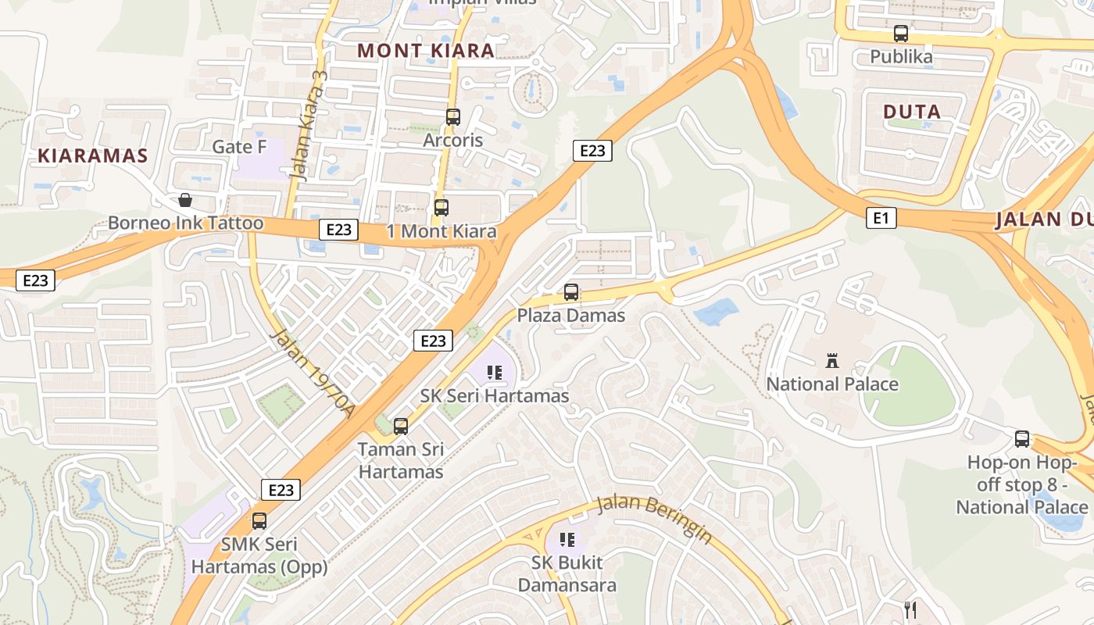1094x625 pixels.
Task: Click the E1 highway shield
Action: point(881,218)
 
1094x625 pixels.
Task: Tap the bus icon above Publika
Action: point(901,34)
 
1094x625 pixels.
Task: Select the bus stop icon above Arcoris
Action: point(452,117)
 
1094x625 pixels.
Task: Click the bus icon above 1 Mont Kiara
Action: point(442,208)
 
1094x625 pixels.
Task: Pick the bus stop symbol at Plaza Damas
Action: point(571,292)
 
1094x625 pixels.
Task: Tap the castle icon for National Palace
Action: point(831,361)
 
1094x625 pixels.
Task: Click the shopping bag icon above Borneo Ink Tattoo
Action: point(185,200)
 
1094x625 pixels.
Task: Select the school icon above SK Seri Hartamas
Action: point(494,373)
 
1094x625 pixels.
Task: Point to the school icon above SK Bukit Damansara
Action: point(567,539)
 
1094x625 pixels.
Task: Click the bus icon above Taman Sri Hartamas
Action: point(401,426)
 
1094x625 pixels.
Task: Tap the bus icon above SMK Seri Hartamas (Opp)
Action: point(259,520)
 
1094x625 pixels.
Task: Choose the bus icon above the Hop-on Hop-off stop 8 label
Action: point(1022,438)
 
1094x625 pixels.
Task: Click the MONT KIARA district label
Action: point(426,51)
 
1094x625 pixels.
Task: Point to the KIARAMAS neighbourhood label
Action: point(93,155)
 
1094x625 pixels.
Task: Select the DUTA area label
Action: point(912,112)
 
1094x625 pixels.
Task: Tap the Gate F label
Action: point(239,147)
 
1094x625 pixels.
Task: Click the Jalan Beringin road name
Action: point(655,518)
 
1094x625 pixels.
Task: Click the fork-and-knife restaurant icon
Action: point(910,609)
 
